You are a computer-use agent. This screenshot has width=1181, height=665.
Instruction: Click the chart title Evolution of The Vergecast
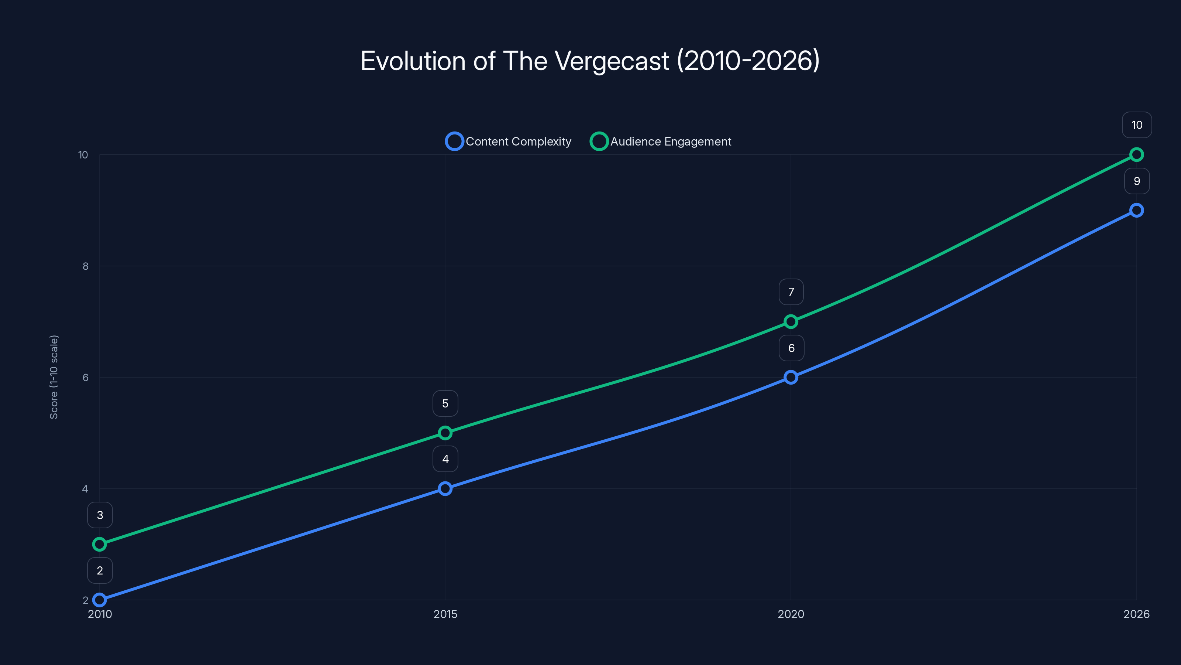(x=590, y=61)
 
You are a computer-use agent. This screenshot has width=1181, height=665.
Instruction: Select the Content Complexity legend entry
(x=509, y=141)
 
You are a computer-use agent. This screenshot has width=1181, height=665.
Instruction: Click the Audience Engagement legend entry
(x=661, y=141)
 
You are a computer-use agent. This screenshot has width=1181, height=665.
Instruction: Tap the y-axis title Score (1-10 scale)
(x=54, y=377)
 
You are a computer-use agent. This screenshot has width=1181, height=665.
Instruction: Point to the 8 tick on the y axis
(x=85, y=266)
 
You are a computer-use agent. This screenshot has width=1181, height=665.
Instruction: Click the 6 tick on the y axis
(x=85, y=377)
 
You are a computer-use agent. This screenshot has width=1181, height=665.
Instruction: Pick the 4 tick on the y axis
(x=85, y=489)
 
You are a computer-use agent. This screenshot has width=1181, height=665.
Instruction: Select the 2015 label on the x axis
(x=445, y=614)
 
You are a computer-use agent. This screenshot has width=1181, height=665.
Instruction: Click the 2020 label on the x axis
(x=791, y=614)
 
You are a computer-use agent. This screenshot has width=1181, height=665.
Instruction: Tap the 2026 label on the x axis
(x=1136, y=614)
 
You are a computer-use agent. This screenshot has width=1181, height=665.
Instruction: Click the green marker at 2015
(x=445, y=433)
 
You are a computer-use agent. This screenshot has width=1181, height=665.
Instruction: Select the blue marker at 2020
(x=791, y=377)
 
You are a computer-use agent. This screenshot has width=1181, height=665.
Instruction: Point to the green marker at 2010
(x=100, y=544)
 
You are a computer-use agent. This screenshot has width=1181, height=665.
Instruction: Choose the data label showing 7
(x=791, y=292)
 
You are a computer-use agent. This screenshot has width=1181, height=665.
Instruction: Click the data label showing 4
(x=445, y=459)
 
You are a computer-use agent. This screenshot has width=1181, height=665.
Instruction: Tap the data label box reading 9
(x=1137, y=181)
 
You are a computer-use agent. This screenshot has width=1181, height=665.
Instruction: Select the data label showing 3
(x=100, y=515)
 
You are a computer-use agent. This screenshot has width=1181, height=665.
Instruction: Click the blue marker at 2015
(x=445, y=488)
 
